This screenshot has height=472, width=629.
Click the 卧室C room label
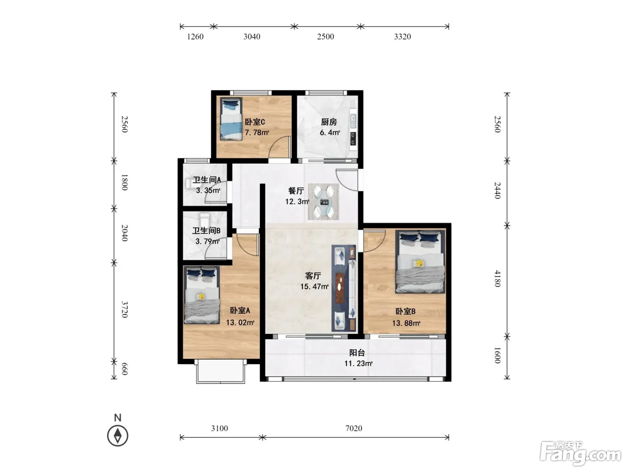[x=255, y=122]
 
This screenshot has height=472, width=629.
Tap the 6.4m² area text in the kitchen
[x=330, y=133]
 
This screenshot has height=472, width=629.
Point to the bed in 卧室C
[x=231, y=119]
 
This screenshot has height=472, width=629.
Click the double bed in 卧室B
[x=420, y=262]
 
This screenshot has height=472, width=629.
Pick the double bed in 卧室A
[x=202, y=295]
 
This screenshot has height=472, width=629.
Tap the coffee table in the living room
[x=340, y=288]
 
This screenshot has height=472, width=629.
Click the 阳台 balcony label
[x=357, y=352]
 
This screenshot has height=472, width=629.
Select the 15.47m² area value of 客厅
[x=314, y=286]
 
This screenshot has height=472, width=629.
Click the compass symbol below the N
[x=118, y=436]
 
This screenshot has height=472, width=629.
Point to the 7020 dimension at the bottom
[x=354, y=428]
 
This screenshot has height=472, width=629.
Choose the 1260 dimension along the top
[x=195, y=37]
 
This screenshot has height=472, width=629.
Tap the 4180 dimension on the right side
[x=497, y=278]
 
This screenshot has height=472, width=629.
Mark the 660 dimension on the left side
[x=124, y=369]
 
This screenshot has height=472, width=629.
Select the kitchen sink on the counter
[x=353, y=121]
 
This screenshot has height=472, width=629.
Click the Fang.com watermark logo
[x=580, y=453]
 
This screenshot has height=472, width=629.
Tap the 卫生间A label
[x=207, y=180]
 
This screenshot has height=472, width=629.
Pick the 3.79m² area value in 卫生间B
[x=208, y=241]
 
